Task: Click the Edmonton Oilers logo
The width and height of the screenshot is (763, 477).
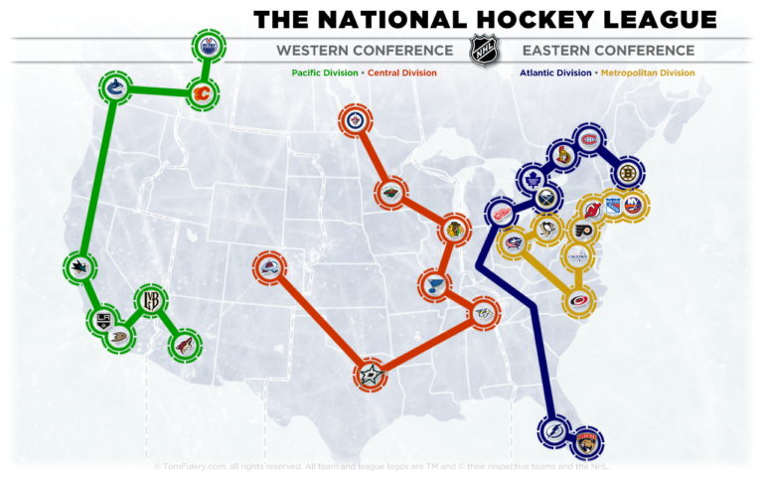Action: (x=208, y=46)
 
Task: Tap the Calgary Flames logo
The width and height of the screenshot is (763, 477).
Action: (x=203, y=96)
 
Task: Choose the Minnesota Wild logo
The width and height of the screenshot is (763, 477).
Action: (x=391, y=194)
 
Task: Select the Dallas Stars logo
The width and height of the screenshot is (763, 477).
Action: (x=371, y=376)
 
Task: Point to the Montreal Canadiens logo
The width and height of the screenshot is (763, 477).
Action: (x=591, y=141)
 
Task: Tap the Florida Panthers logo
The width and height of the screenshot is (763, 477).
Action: (x=588, y=441)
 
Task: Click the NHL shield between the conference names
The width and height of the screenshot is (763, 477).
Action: (x=482, y=51)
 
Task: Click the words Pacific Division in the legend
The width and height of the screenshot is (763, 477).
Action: (x=325, y=73)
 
